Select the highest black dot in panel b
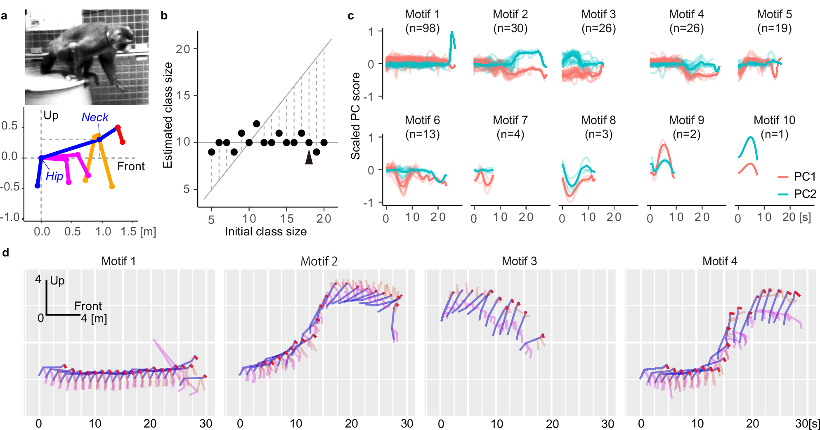coord(256,124)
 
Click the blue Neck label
coord(95,117)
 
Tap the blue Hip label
coord(54,176)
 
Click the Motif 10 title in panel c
coord(774,120)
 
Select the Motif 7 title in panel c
coord(510,120)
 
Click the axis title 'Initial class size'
coord(266,231)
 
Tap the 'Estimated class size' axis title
coord(168,115)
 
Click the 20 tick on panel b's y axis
coord(183,49)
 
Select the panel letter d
coord(6,252)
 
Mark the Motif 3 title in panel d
coord(519,261)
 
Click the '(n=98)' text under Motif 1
coord(422,28)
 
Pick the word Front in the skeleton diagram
coord(131,166)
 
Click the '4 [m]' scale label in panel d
coord(94,319)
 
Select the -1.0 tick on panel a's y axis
coord(10,217)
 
